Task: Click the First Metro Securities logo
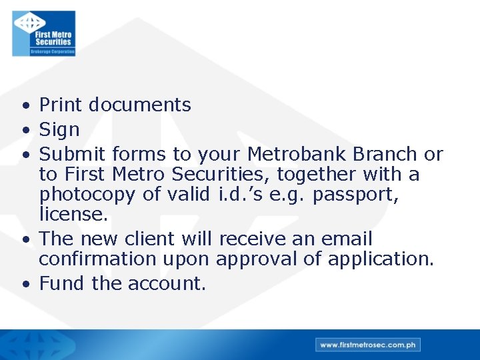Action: point(44,33)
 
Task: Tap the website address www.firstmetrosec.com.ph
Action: point(368,345)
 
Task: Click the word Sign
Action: point(59,129)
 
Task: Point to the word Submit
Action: point(73,154)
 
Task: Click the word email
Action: point(346,238)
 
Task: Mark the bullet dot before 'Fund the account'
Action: point(25,284)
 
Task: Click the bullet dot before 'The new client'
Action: point(25,239)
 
